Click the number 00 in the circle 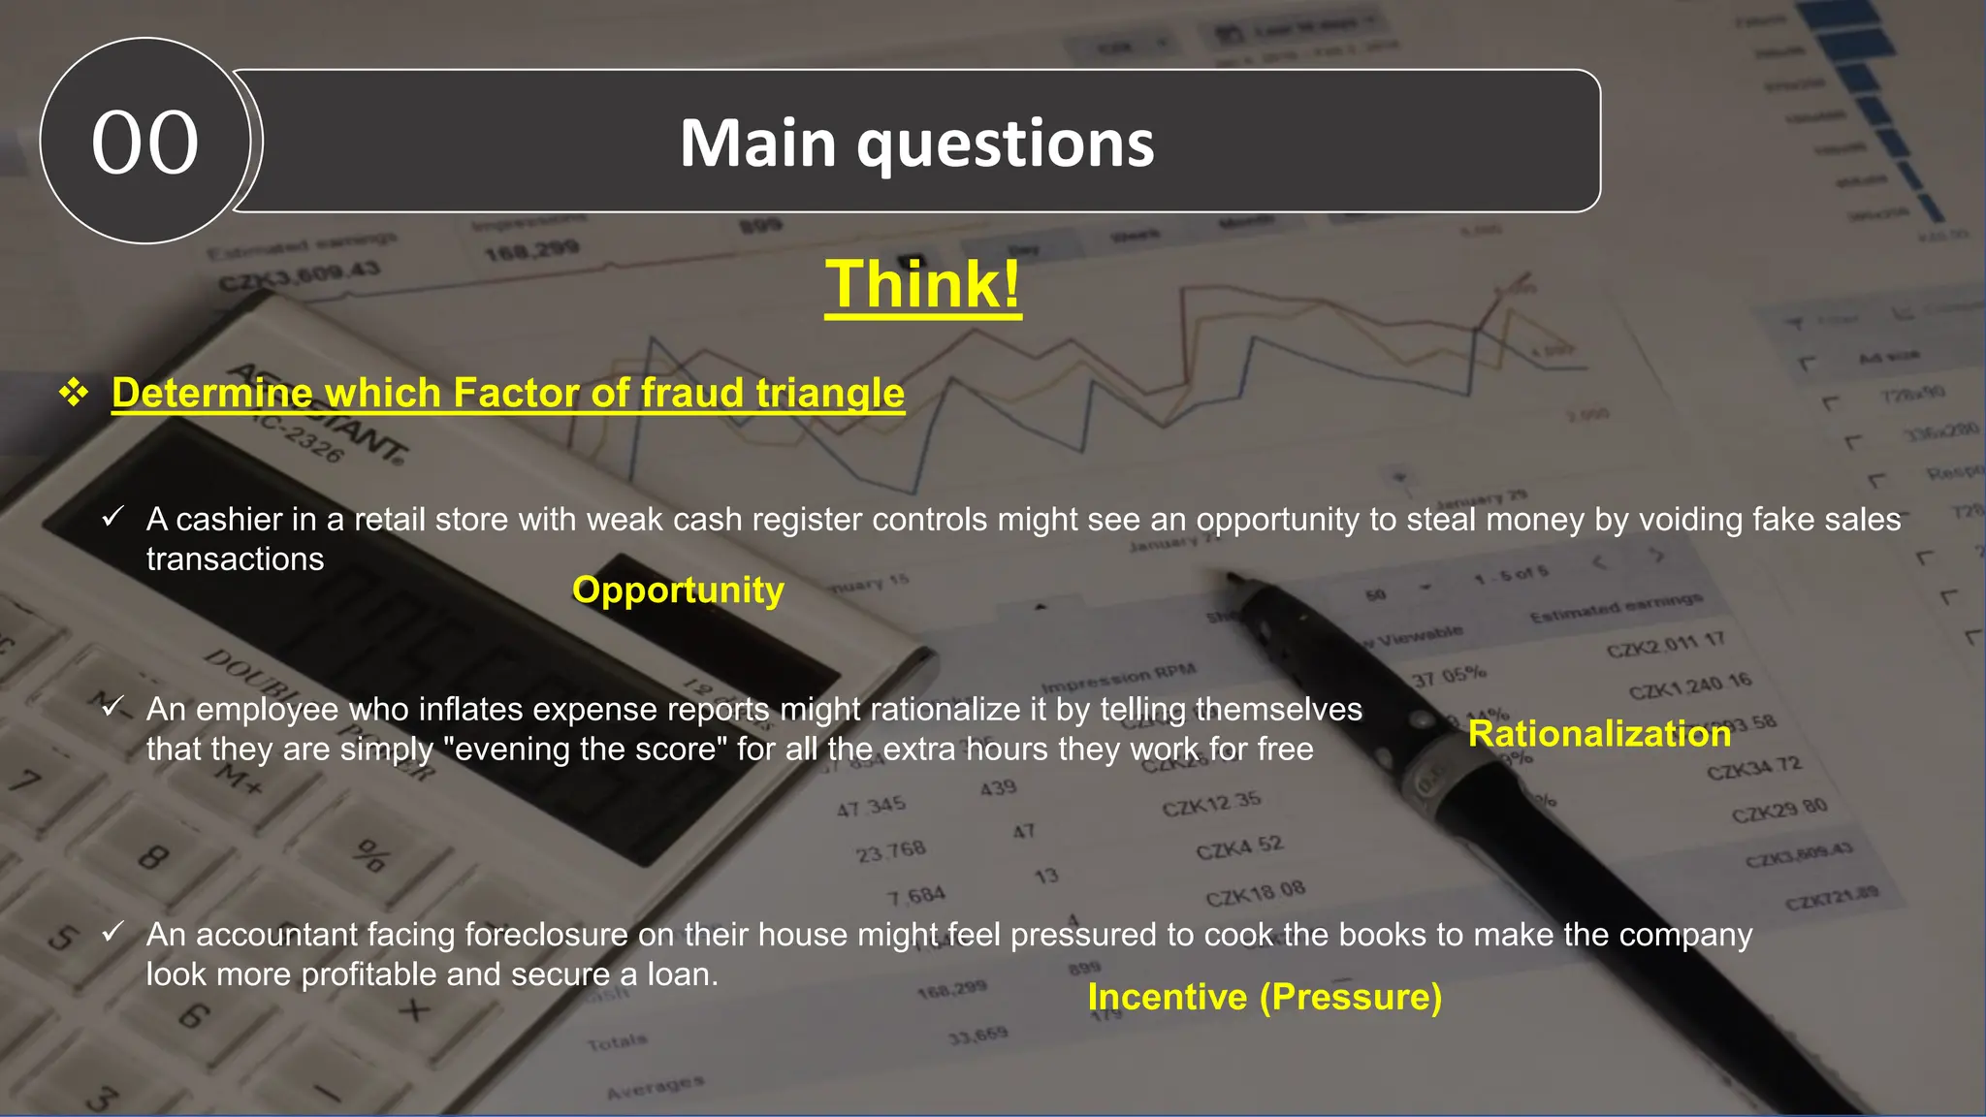(x=145, y=143)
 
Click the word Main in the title (x=757, y=144)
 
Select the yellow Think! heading (x=922, y=284)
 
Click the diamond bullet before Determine (x=74, y=393)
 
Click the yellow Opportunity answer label (x=678, y=590)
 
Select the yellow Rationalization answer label (x=1599, y=734)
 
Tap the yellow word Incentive (x=1167, y=997)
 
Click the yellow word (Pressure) (x=1351, y=997)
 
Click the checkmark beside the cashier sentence (x=112, y=517)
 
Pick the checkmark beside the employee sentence (x=112, y=707)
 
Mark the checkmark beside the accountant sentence (x=112, y=933)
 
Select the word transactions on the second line (x=235, y=559)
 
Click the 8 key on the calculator (x=153, y=857)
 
